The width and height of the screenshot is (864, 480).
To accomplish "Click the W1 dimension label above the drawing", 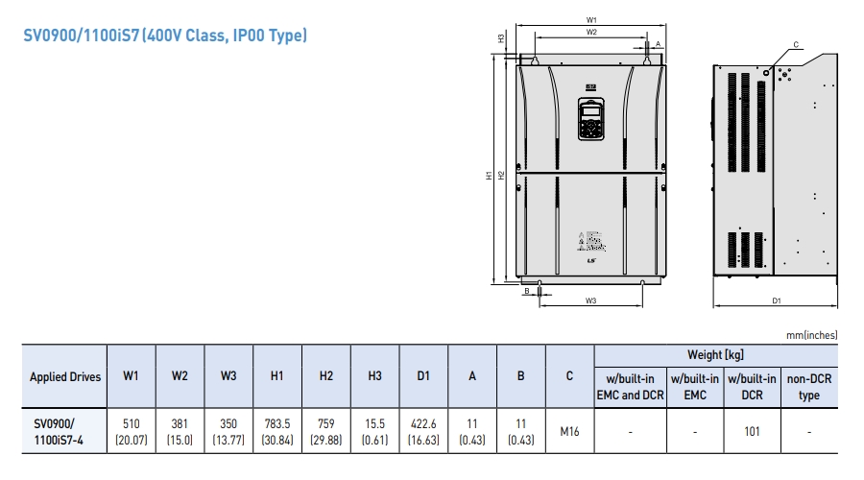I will click(591, 19).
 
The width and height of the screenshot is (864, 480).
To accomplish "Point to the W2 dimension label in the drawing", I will click(591, 32).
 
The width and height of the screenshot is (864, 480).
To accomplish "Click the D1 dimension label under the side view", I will click(776, 300).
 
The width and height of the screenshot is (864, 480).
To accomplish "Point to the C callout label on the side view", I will click(796, 44).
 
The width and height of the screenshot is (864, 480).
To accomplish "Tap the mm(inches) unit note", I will click(811, 335).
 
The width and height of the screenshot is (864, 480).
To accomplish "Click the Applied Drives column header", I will click(65, 377).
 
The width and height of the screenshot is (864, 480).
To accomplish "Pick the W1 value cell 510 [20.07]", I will click(132, 431).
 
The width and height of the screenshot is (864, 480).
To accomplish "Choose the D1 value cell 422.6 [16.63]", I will click(423, 431).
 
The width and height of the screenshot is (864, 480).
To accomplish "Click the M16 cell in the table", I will click(569, 431).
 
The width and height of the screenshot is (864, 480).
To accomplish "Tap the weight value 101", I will click(752, 431).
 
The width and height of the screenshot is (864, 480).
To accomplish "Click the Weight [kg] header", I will click(716, 354).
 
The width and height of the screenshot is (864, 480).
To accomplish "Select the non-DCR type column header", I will click(809, 387).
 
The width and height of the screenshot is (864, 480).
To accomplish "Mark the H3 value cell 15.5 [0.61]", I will click(374, 431).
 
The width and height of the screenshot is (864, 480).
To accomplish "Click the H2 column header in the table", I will click(325, 377).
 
